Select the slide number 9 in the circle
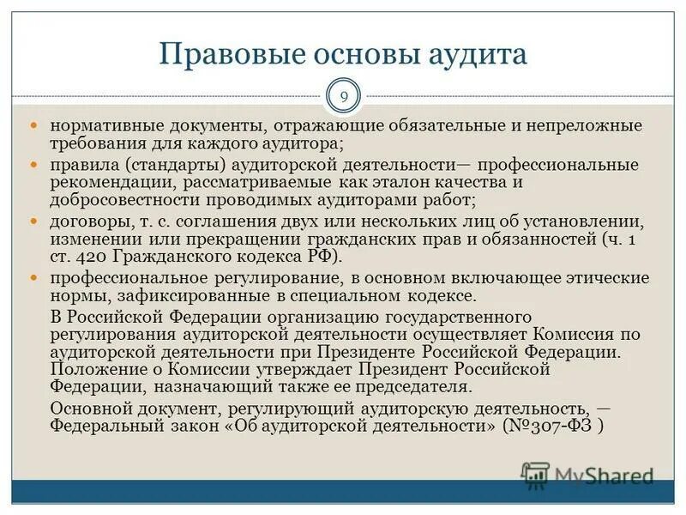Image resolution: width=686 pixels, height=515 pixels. (344, 96)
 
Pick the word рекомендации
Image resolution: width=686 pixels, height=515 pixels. (102, 182)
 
